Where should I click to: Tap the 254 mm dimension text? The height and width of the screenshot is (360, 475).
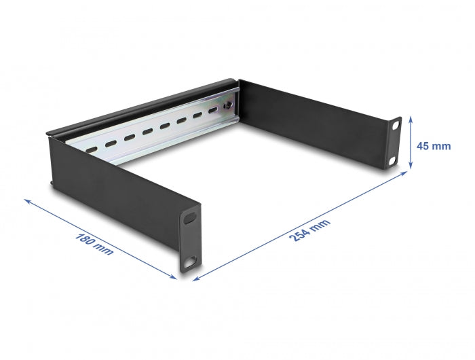pos(310,232)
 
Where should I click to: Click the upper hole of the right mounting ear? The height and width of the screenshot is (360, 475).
pos(394,127)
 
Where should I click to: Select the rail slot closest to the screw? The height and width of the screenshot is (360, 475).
pos(214,111)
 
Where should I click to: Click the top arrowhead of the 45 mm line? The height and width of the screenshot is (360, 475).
pos(411,120)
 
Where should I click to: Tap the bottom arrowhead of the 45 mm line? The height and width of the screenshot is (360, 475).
pos(411,166)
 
